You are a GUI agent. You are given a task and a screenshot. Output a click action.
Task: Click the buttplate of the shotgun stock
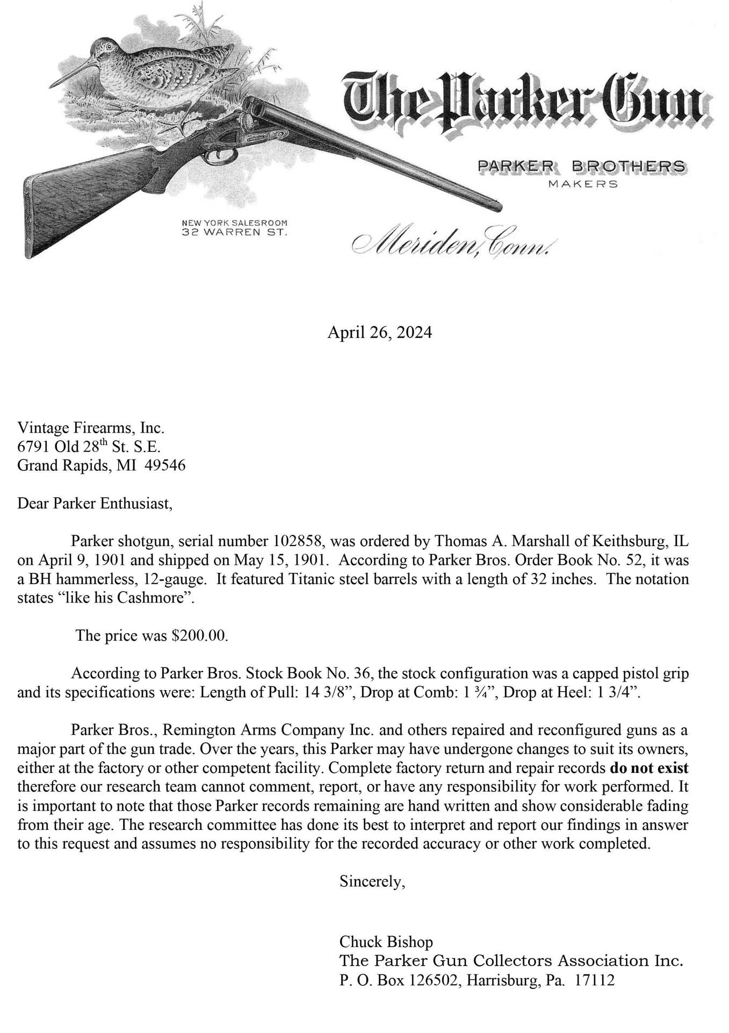[x=28, y=220]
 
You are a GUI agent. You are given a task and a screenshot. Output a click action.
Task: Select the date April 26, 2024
[x=379, y=333]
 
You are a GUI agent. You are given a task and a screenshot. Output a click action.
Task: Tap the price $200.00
[x=199, y=635]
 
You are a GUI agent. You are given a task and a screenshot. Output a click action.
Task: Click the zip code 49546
[x=169, y=465]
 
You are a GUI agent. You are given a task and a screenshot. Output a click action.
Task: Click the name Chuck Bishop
[x=386, y=942]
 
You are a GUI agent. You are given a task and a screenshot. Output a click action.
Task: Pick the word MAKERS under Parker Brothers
[x=582, y=184]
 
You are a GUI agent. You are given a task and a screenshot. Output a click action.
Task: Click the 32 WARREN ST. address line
[x=235, y=233]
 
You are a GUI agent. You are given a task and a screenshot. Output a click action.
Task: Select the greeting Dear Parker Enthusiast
[x=95, y=504]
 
